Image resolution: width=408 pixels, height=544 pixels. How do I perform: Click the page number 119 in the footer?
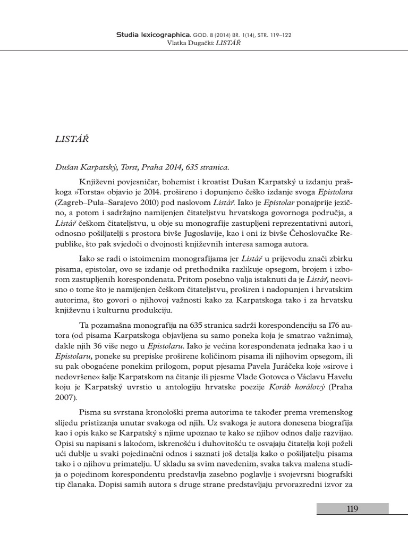coord(352,509)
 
